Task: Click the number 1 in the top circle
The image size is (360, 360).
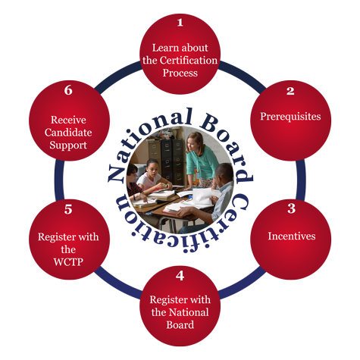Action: pos(180,23)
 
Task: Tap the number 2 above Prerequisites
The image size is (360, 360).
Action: pos(290,91)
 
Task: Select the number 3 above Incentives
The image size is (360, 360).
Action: pos(291,208)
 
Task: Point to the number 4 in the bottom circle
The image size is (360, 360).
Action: pos(180,276)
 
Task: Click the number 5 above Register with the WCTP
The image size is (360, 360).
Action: pos(68,209)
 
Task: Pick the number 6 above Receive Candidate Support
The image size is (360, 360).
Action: pos(68,90)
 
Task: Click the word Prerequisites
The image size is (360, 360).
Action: pos(290,117)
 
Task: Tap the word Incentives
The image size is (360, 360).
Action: pos(292,236)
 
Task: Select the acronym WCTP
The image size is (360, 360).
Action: pos(68,262)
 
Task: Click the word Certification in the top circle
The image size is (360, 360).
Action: pos(189,61)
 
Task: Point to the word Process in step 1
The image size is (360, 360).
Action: pos(180,73)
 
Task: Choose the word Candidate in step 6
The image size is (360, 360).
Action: pos(68,133)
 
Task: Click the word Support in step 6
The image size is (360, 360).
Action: pos(68,146)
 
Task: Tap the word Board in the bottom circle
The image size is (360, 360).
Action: pos(180,324)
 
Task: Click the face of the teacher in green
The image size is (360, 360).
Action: pos(193,145)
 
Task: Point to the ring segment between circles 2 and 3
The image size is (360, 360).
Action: pos(301,180)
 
